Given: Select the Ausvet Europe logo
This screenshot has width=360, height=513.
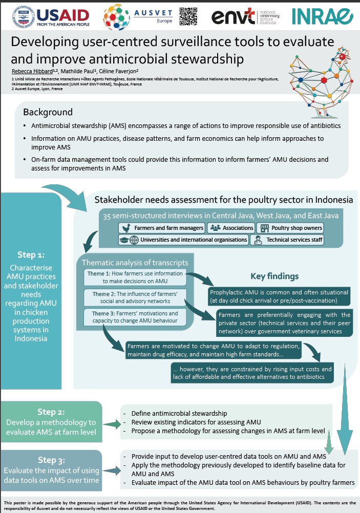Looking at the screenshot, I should click(x=133, y=16).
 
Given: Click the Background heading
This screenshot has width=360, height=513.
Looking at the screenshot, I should click(x=48, y=112).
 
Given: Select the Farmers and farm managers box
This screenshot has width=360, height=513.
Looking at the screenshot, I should click(x=161, y=228).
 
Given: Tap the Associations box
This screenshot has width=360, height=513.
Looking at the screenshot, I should click(x=231, y=228).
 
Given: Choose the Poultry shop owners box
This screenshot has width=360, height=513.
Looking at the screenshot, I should click(x=290, y=228).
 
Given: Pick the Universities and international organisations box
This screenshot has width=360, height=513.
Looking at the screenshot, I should click(x=183, y=240).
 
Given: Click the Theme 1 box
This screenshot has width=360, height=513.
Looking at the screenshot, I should click(x=135, y=277).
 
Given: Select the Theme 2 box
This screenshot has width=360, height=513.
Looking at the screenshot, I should click(x=135, y=296).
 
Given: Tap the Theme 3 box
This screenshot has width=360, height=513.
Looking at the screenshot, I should click(x=135, y=317).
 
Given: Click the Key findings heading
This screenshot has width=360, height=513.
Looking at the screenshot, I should click(x=274, y=276).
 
